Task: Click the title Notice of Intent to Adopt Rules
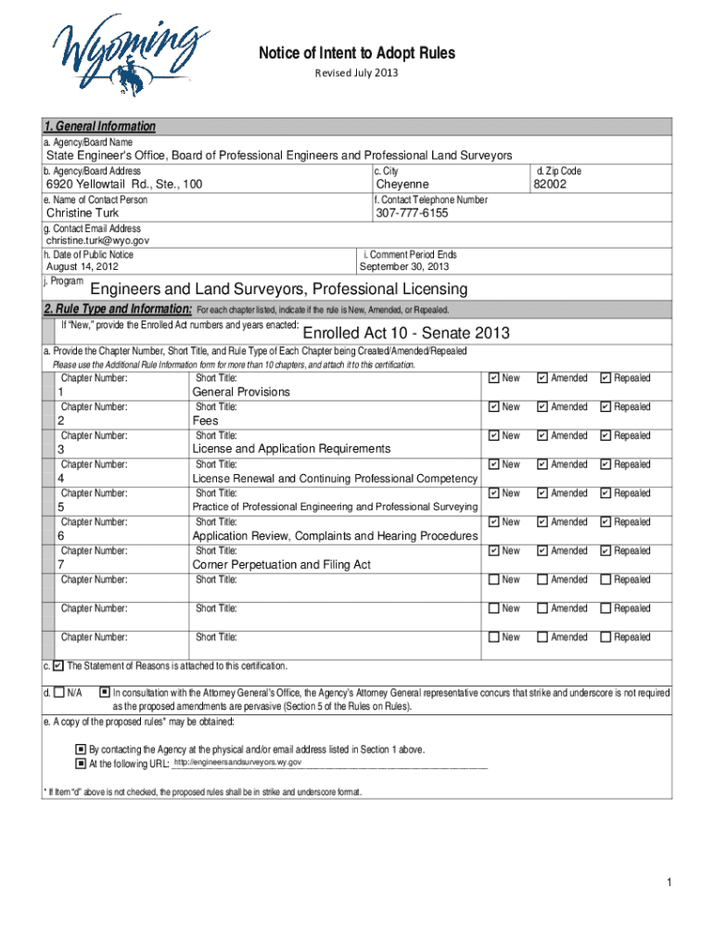tap(356, 53)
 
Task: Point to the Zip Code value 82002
tap(549, 185)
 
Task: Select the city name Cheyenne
tap(402, 185)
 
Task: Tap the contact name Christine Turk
tap(83, 213)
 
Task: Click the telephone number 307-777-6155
tap(412, 213)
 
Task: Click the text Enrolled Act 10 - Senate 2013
tap(406, 334)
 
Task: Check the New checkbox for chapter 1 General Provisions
tap(493, 379)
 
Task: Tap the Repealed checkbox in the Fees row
tap(606, 407)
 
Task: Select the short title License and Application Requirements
tap(291, 449)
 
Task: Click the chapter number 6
tap(61, 536)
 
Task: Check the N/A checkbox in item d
tap(59, 692)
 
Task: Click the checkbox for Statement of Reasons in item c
tap(58, 666)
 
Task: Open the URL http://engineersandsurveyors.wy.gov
tap(237, 763)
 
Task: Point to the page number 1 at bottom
tap(668, 881)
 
